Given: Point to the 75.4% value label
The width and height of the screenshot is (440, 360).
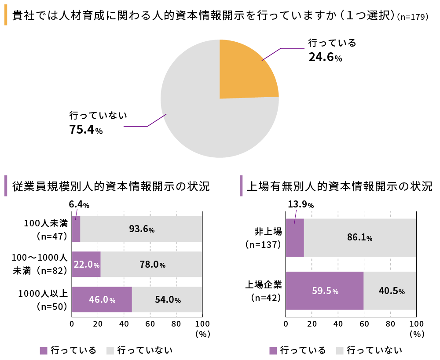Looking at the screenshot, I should [86, 130].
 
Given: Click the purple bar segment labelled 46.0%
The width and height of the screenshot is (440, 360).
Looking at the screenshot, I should [102, 299].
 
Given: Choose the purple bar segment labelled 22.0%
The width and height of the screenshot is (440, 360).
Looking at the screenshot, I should [86, 264].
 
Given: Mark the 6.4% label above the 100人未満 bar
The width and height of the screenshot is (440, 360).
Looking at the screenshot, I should [79, 204].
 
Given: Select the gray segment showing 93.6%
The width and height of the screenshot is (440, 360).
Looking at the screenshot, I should [141, 229].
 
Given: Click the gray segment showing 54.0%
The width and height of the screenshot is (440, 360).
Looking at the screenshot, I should [167, 299].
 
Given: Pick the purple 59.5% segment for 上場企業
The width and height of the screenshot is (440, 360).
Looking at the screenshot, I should [324, 291].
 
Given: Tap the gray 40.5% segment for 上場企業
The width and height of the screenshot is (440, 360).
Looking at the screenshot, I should [390, 291].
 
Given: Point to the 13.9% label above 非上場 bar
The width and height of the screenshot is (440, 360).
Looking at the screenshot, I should [301, 204].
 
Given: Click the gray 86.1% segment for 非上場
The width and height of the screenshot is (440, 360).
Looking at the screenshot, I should [359, 238].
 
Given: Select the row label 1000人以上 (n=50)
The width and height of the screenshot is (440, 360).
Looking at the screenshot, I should [43, 299].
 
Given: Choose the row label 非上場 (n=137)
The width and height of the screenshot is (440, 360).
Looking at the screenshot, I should [264, 238].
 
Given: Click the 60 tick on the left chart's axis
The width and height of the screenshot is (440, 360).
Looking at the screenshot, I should [150, 324].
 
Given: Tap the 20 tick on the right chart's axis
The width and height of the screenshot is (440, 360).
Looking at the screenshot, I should [312, 324].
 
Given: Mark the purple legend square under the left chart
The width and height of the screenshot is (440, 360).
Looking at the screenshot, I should [44, 350].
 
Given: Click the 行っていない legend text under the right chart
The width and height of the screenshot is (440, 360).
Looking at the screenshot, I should [374, 350].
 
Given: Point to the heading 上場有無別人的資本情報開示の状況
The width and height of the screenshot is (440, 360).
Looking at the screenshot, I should [339, 186].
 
